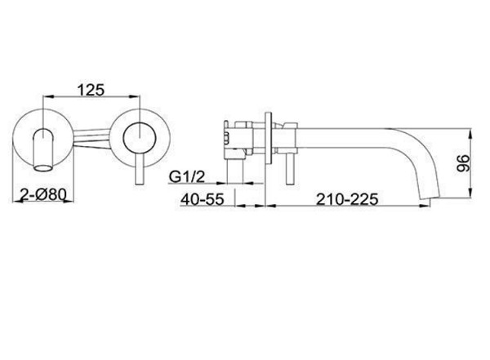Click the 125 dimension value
pos(91,90)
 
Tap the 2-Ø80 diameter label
pos(43,195)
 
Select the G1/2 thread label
pos(187,177)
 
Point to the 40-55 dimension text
pos(203,199)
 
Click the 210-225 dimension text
pos(347,199)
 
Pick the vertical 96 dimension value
pos(463,163)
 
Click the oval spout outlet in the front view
pos(42,168)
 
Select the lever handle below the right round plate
pos(140,170)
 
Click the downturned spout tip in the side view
pos(430,197)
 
